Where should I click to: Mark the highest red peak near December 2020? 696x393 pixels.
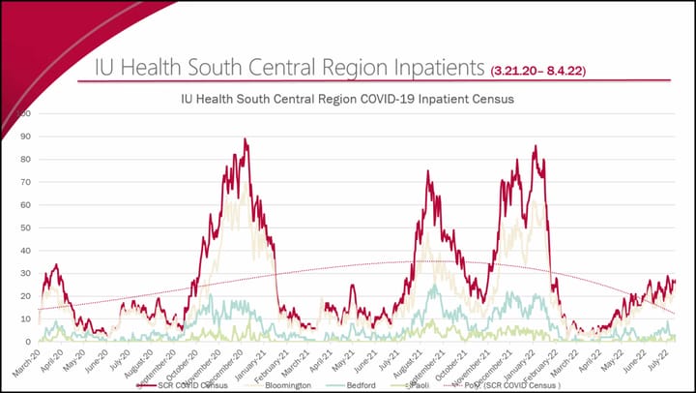tap(246, 139)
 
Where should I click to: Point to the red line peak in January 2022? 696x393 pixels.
tap(535, 147)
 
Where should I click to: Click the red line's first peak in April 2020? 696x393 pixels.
tap(56, 264)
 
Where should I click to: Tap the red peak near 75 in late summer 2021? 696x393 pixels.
tap(428, 172)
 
